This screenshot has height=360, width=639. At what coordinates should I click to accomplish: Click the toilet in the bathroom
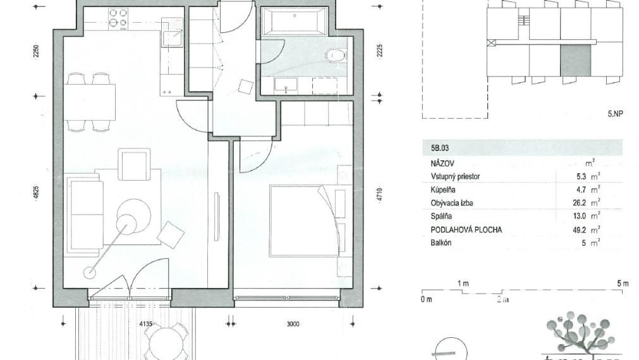337,56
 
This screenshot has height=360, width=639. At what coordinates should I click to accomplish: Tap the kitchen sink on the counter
171,37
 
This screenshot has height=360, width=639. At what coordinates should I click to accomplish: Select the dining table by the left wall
89,102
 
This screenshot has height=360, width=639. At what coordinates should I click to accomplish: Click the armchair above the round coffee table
135,165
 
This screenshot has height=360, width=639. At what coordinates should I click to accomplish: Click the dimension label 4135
146,324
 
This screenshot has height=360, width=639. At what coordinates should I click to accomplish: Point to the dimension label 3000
292,324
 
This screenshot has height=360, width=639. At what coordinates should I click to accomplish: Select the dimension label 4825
36,193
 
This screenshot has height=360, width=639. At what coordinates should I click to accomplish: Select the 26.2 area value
579,203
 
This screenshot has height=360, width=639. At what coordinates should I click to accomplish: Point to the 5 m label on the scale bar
623,284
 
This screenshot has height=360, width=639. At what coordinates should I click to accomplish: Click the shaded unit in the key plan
575,61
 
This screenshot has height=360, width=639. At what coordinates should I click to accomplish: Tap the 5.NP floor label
615,114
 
